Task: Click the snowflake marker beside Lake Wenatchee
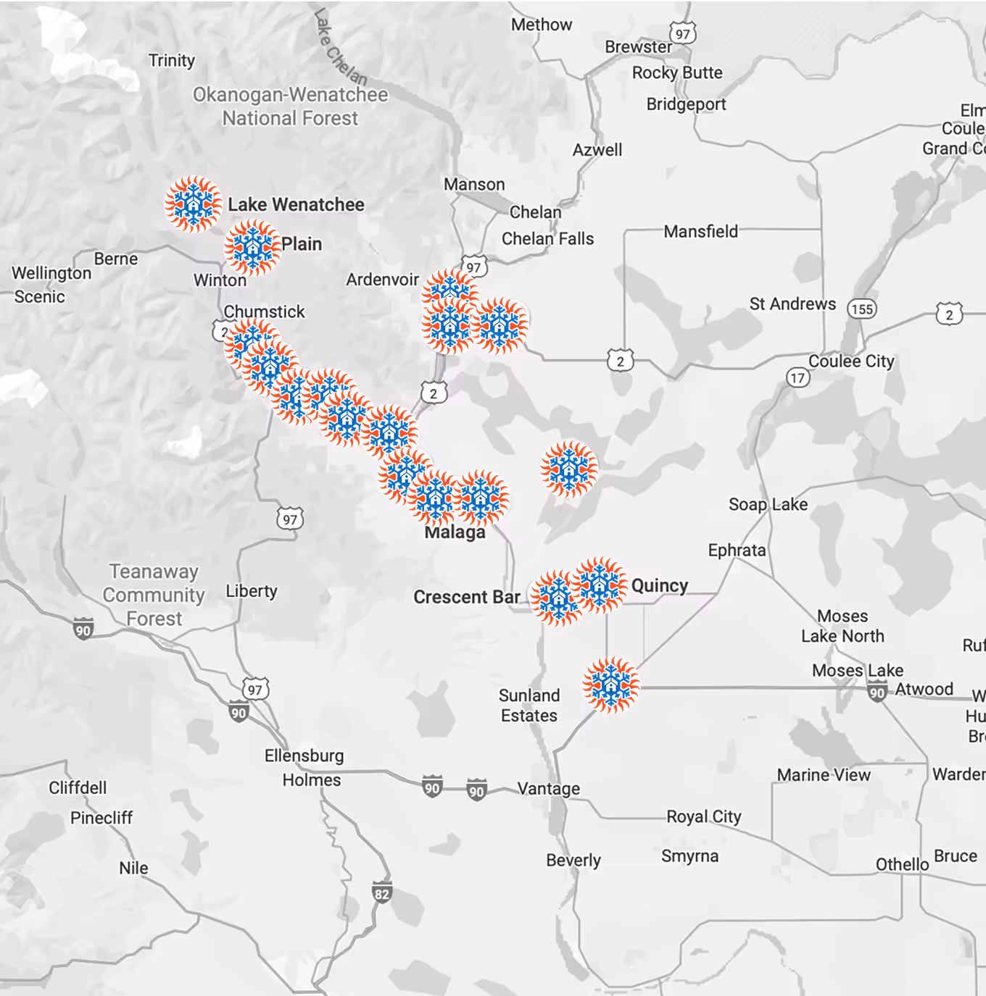pyautogui.click(x=193, y=204)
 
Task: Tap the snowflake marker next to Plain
pyautogui.click(x=252, y=248)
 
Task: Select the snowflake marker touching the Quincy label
pyautogui.click(x=600, y=585)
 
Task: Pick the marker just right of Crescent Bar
pyautogui.click(x=557, y=598)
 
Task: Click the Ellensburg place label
pyautogui.click(x=304, y=756)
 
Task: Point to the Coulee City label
pyautogui.click(x=851, y=361)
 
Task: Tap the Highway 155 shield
pyautogui.click(x=862, y=309)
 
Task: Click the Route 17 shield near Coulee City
pyautogui.click(x=797, y=377)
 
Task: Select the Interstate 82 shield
pyautogui.click(x=382, y=893)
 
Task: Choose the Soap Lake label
pyautogui.click(x=768, y=504)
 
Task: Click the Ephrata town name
pyautogui.click(x=737, y=551)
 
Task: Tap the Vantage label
pyautogui.click(x=548, y=788)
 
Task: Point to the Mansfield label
pyautogui.click(x=700, y=232)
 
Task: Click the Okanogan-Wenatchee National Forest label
pyautogui.click(x=290, y=106)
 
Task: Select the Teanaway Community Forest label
pyautogui.click(x=154, y=595)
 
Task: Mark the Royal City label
pyautogui.click(x=703, y=816)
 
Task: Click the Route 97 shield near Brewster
pyautogui.click(x=682, y=34)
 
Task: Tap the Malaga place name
pyautogui.click(x=455, y=533)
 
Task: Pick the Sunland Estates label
pyautogui.click(x=529, y=705)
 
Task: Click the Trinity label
pyautogui.click(x=172, y=60)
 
